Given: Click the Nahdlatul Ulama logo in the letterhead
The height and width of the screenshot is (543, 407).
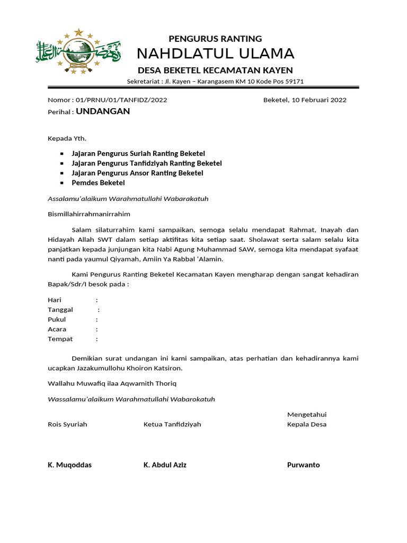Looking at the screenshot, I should (78, 51).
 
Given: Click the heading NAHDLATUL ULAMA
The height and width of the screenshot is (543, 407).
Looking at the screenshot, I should (215, 54).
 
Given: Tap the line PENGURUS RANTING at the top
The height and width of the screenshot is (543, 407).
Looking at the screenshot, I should (215, 38).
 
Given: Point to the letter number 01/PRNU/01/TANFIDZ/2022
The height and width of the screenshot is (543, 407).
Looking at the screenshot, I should (121, 100).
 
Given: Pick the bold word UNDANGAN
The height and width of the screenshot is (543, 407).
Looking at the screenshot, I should (103, 111).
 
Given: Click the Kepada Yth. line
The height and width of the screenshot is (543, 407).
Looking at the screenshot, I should (67, 138).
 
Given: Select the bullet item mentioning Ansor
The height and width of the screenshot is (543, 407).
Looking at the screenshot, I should (137, 173).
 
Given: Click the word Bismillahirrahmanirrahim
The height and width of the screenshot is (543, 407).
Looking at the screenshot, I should (89, 214).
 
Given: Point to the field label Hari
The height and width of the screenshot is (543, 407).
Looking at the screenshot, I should (55, 300).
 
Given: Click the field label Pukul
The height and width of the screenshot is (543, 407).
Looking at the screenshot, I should (57, 320).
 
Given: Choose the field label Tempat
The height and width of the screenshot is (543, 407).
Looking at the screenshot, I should (60, 339).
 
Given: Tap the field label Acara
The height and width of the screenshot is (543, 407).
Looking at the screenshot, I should (57, 329).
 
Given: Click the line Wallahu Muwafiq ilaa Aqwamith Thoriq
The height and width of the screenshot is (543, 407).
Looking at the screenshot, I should (112, 383).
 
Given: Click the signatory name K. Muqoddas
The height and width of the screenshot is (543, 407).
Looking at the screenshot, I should (69, 465).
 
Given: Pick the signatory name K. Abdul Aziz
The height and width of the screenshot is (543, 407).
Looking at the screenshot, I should (165, 465).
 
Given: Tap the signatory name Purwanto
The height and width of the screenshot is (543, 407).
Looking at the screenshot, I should (303, 465).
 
